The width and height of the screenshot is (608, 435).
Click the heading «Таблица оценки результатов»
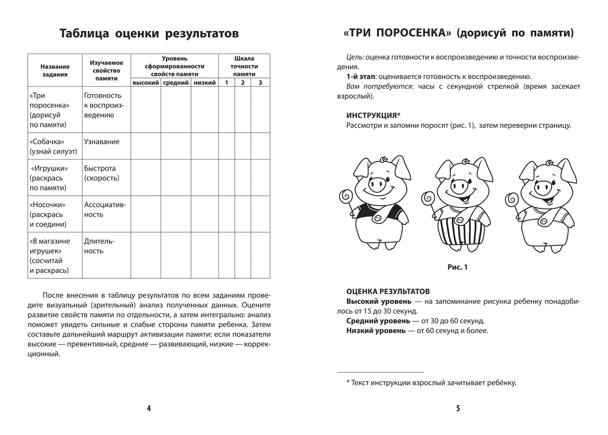(149, 33)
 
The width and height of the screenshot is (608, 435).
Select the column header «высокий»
(146, 83)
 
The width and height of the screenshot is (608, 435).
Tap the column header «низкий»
(204, 83)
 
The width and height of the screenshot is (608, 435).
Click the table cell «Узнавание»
(102, 142)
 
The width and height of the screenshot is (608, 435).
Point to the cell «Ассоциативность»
(105, 210)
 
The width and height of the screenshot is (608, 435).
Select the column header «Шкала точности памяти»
(244, 66)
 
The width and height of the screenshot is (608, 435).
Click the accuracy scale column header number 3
(260, 83)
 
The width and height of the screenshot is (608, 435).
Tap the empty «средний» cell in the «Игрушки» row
(176, 178)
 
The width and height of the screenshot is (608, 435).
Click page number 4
(149, 408)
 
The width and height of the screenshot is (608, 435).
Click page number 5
(458, 408)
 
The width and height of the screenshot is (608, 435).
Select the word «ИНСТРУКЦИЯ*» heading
(373, 115)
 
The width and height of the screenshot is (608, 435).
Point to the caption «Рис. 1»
(457, 267)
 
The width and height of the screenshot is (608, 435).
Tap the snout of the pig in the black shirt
(377, 184)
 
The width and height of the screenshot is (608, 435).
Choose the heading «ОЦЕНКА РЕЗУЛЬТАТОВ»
(388, 291)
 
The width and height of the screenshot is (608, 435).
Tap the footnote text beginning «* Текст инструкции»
(431, 383)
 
